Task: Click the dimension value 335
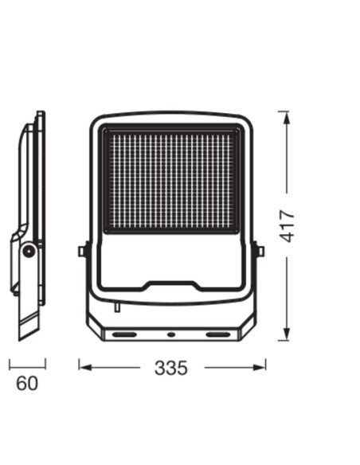tap(171, 368)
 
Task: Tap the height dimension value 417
tap(287, 225)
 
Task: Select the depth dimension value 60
tap(27, 383)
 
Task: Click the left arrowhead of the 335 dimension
tap(85, 368)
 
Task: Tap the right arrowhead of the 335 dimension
tap(259, 368)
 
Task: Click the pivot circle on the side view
tap(29, 251)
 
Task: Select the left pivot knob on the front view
tap(84, 251)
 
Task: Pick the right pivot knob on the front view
tap(259, 251)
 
